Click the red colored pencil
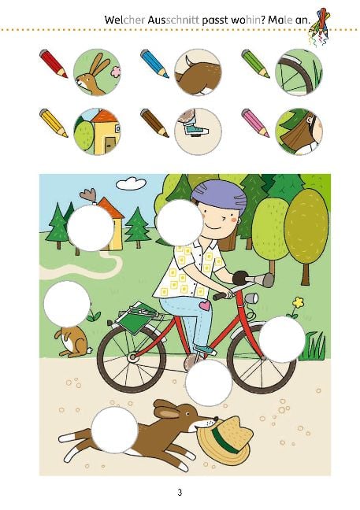coord(54,64)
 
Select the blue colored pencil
coord(154,64)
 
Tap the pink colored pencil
coord(255,123)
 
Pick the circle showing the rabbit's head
coord(97,72)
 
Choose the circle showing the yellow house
coord(97,131)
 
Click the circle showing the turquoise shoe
coord(198,131)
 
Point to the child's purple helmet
coord(219,196)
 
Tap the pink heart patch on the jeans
coord(205,305)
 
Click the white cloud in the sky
coord(132,183)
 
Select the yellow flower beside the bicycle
coord(298,303)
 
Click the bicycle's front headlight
coord(252,298)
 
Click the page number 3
coord(180,493)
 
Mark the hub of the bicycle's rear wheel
coord(132,357)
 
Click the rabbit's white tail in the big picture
coord(90,350)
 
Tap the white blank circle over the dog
coord(114,430)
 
